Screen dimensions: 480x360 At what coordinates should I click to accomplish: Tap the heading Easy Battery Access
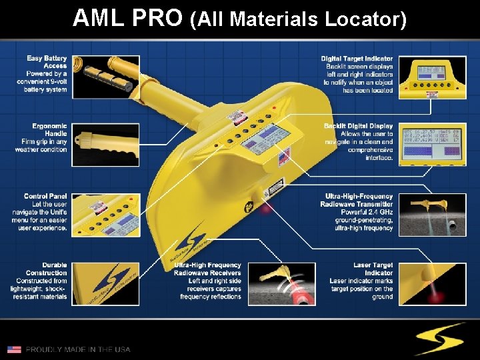pos(47,62)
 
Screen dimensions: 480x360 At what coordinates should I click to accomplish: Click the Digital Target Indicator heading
pos(357,59)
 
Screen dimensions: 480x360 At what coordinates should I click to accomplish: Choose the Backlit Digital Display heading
pos(358,126)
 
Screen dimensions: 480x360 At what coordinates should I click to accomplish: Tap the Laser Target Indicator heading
pos(373,269)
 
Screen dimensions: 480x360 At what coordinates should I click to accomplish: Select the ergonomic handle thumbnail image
pos(106,144)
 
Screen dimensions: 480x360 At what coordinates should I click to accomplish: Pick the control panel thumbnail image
pos(106,213)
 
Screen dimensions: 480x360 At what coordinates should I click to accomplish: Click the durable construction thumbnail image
pos(106,284)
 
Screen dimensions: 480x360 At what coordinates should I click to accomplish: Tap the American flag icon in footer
pos(14,349)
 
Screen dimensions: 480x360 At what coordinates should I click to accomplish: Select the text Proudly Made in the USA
pos(78,349)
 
